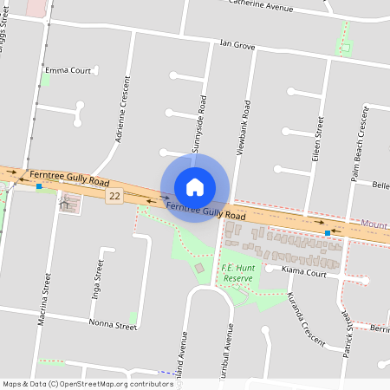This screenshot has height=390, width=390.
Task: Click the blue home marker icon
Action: pyautogui.click(x=195, y=187)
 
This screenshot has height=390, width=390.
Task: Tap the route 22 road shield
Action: pyautogui.click(x=114, y=197)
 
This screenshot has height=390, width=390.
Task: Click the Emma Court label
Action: pyautogui.click(x=68, y=70)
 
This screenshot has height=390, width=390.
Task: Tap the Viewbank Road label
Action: pyautogui.click(x=245, y=127)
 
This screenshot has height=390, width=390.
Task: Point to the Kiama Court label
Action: pyautogui.click(x=304, y=272)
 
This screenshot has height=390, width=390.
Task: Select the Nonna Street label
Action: pyautogui.click(x=113, y=325)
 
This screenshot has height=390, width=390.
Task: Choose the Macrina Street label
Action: pyautogui.click(x=45, y=298)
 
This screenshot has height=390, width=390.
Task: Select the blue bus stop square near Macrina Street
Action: pyautogui.click(x=38, y=186)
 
